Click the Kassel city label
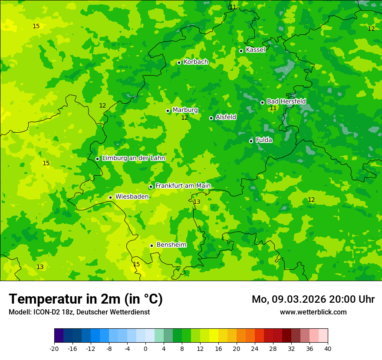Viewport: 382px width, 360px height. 255,50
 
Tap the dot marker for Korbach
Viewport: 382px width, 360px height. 179,62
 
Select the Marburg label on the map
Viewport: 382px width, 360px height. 185,110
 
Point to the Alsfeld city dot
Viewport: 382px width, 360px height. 211,118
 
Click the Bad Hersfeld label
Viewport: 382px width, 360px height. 286,101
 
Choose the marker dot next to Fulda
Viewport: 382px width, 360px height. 251,141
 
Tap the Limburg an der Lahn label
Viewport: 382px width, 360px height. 133,158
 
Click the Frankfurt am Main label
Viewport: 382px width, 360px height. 183,186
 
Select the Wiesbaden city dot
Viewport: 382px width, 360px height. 110,198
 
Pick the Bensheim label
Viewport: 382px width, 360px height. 171,245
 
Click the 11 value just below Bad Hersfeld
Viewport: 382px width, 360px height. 273,108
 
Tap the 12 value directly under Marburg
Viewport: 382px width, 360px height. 184,118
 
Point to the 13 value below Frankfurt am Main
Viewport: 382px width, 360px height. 197,202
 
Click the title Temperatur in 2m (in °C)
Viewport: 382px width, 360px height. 86,299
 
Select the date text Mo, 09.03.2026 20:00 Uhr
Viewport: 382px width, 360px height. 313,300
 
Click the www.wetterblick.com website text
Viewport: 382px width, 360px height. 313,312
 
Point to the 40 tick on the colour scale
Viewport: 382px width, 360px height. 328,348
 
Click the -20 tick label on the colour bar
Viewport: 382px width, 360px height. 54,348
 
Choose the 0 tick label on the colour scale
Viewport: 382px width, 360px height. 145,348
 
